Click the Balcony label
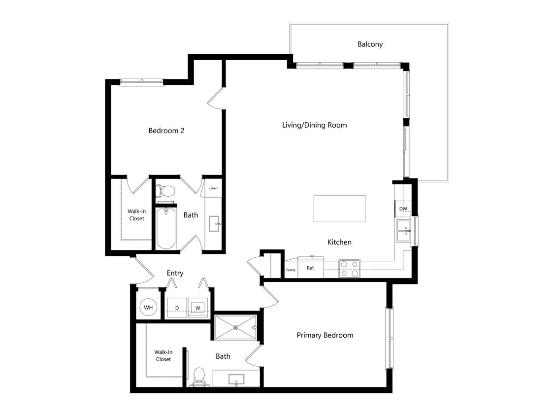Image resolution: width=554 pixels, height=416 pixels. click(370, 44)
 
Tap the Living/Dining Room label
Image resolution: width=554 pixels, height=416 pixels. click(314, 125)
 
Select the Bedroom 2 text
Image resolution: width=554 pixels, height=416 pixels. click(166, 131)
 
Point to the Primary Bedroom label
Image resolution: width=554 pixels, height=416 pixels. click(325, 335)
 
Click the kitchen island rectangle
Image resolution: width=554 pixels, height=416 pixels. click(339, 208)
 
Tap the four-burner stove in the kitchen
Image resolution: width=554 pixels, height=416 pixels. click(349, 269)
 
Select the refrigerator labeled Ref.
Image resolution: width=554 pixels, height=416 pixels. click(311, 268)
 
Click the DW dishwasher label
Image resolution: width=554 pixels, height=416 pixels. click(403, 209)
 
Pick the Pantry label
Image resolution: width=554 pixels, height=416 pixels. click(291, 270)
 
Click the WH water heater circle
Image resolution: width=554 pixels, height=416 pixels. click(148, 308)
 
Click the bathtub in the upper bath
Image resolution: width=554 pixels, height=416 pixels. click(165, 229)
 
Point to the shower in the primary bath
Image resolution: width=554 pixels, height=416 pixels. click(235, 327)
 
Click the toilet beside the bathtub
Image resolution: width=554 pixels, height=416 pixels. click(165, 191)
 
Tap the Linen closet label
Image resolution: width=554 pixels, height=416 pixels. click(213, 188)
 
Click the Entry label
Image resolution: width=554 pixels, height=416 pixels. click(175, 273)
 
